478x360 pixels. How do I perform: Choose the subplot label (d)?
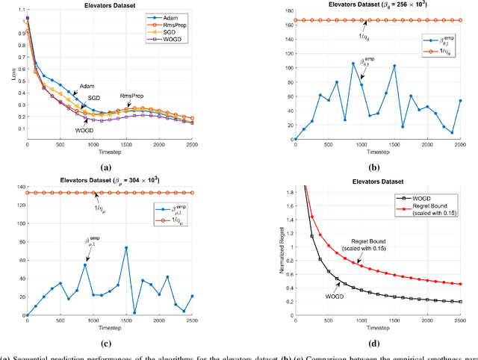pyautogui.click(x=376, y=344)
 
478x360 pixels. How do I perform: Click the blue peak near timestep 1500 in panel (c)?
pyautogui.click(x=126, y=247)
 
